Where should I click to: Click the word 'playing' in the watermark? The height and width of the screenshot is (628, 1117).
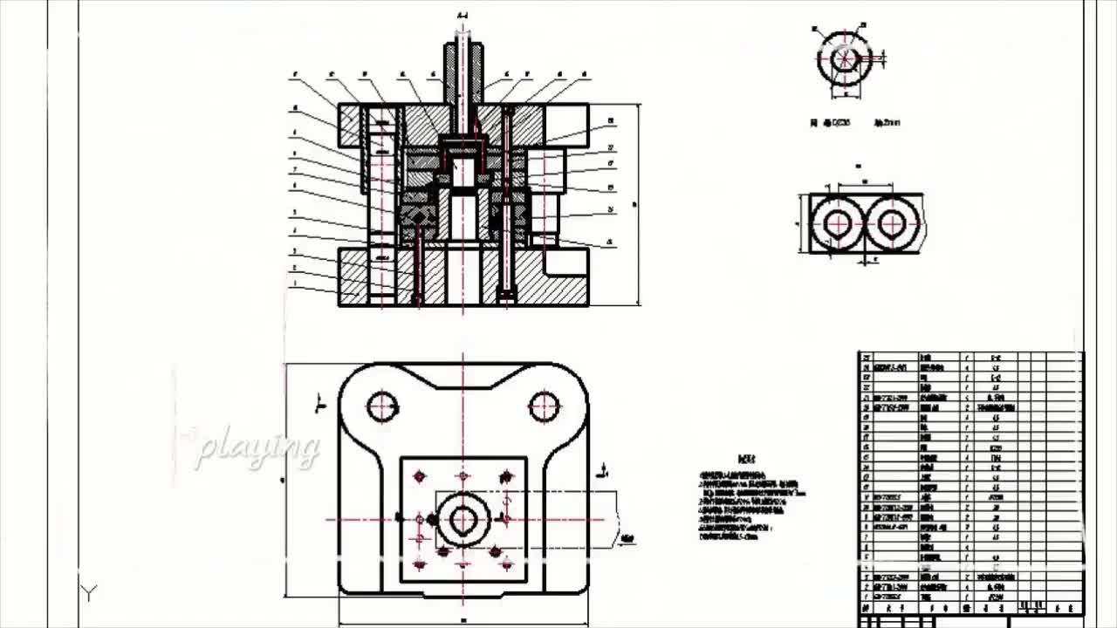(257, 448)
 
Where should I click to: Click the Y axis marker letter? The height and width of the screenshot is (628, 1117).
(88, 593)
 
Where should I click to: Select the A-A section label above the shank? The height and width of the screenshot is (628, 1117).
(463, 16)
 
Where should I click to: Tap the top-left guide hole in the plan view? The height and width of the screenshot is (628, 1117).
(382, 406)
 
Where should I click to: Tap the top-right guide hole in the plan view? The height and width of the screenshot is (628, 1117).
(544, 406)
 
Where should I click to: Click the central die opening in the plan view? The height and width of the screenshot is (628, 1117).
(463, 520)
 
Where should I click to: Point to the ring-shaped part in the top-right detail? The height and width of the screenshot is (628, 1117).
(844, 58)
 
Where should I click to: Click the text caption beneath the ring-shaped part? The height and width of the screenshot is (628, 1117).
(854, 123)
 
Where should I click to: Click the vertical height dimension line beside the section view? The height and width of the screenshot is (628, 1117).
(640, 205)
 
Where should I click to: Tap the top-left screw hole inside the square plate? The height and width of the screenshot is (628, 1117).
(420, 476)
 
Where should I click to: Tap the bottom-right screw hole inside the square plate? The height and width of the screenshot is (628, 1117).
(496, 552)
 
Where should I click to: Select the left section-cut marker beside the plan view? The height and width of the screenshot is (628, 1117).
(320, 403)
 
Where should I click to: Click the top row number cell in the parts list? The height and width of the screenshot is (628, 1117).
(866, 358)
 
